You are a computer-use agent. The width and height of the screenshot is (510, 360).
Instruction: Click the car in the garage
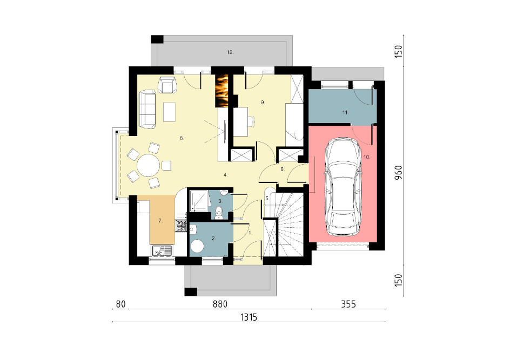coord(343,187)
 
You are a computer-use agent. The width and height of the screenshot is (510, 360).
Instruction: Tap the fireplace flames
coord(223,91)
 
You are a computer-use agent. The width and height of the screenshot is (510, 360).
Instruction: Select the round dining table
coord(149,165)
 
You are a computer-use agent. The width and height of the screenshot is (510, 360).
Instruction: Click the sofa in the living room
coord(147,110)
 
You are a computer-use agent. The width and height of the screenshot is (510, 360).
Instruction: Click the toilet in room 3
coord(219,212)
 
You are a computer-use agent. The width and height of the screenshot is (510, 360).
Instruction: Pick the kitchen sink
coord(162,250)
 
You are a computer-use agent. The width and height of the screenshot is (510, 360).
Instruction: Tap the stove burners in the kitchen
coord(181,226)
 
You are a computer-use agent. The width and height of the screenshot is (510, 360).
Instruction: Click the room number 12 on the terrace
coord(230,52)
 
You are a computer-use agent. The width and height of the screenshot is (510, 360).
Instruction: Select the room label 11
coord(345,112)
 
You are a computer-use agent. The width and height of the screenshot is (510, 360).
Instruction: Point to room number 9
coord(263,103)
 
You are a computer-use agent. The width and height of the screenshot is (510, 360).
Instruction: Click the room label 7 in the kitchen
coord(160,221)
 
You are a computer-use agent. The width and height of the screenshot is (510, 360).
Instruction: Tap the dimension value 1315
coord(249,317)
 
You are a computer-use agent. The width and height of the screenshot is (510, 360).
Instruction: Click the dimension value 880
coord(220,304)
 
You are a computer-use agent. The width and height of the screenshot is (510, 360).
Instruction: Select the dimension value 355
coord(348,304)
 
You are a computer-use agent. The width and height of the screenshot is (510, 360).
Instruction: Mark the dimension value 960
coord(399,173)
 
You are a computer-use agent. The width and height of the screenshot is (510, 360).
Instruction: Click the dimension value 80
coord(120,304)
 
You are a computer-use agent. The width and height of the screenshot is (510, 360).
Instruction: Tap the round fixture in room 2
coord(197,246)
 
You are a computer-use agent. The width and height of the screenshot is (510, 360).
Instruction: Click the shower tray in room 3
coord(199,201)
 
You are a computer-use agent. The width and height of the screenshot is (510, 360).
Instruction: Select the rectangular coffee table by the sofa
coord(170,112)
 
